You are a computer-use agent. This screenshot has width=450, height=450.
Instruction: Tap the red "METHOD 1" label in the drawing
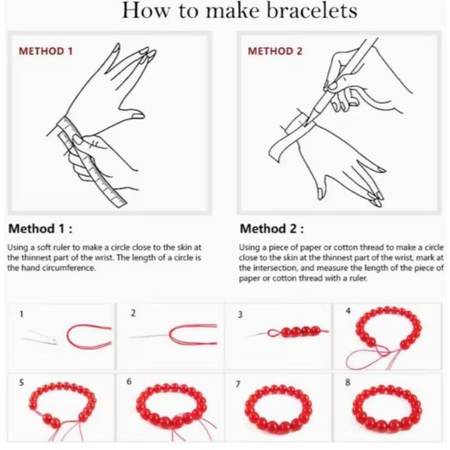click(46, 51)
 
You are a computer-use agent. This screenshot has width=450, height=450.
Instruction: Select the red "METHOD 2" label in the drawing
click(275, 51)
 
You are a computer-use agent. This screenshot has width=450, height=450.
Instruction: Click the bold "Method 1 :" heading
click(40, 229)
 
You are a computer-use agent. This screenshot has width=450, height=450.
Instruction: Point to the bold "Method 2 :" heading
click(272, 229)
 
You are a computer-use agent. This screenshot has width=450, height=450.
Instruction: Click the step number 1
click(22, 314)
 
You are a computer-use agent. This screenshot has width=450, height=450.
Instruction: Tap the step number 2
click(133, 313)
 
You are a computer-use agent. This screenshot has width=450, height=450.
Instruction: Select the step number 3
click(240, 314)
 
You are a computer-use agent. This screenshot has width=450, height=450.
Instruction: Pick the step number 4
click(348, 311)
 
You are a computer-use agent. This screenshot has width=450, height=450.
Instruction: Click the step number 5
click(22, 382)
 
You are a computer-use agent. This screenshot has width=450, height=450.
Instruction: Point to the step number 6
click(129, 382)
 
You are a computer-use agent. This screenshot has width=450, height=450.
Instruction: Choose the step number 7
click(237, 384)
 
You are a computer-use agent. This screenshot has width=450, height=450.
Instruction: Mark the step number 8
click(348, 382)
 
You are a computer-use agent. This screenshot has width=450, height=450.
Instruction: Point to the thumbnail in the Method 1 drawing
click(138, 116)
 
